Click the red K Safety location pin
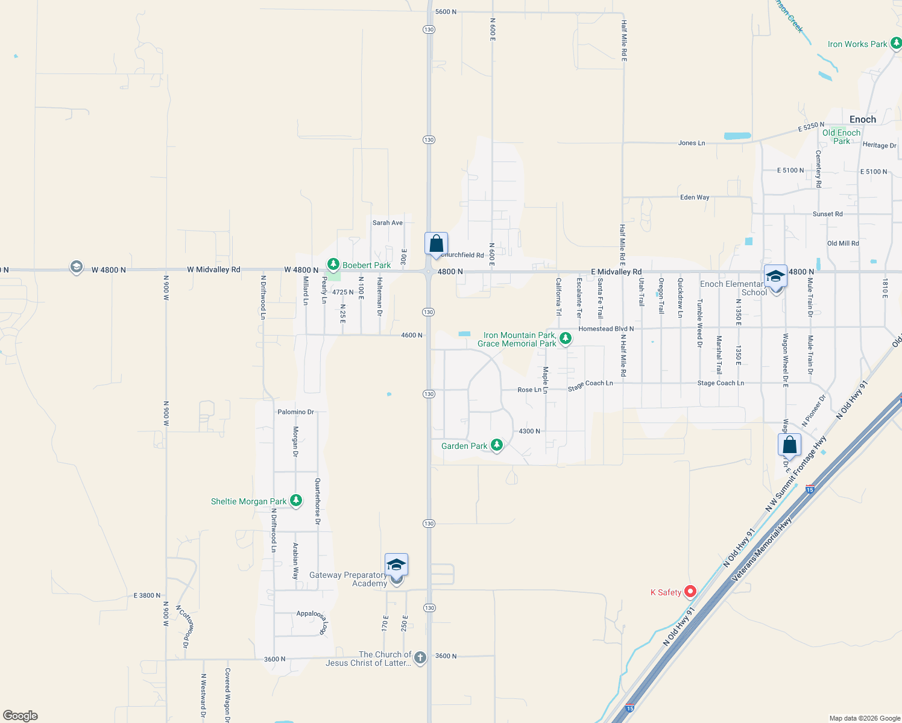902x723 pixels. [x=690, y=592]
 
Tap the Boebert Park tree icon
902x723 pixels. [x=333, y=264]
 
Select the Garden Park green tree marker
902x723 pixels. [x=496, y=445]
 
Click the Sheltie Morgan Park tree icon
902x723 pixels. [x=295, y=501]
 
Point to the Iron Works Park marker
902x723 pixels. [x=896, y=43]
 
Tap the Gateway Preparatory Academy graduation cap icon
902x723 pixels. [x=396, y=565]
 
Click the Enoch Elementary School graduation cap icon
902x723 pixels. [x=775, y=276]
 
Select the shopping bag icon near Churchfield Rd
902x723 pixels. [x=436, y=244]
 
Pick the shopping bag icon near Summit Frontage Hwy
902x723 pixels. [x=789, y=445]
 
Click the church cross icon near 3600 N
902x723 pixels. [x=420, y=658]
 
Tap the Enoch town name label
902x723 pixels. [x=862, y=119]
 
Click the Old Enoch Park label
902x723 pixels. [x=841, y=137]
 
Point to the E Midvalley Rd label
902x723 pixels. [x=616, y=272]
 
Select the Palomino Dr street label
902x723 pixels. [x=295, y=412]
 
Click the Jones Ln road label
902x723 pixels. [x=692, y=143]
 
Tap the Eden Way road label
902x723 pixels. [x=695, y=198]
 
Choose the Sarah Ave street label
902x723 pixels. [x=387, y=223]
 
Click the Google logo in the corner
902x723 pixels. [x=20, y=716]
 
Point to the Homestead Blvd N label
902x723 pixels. [x=606, y=329]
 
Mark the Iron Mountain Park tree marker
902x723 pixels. [x=565, y=339]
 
